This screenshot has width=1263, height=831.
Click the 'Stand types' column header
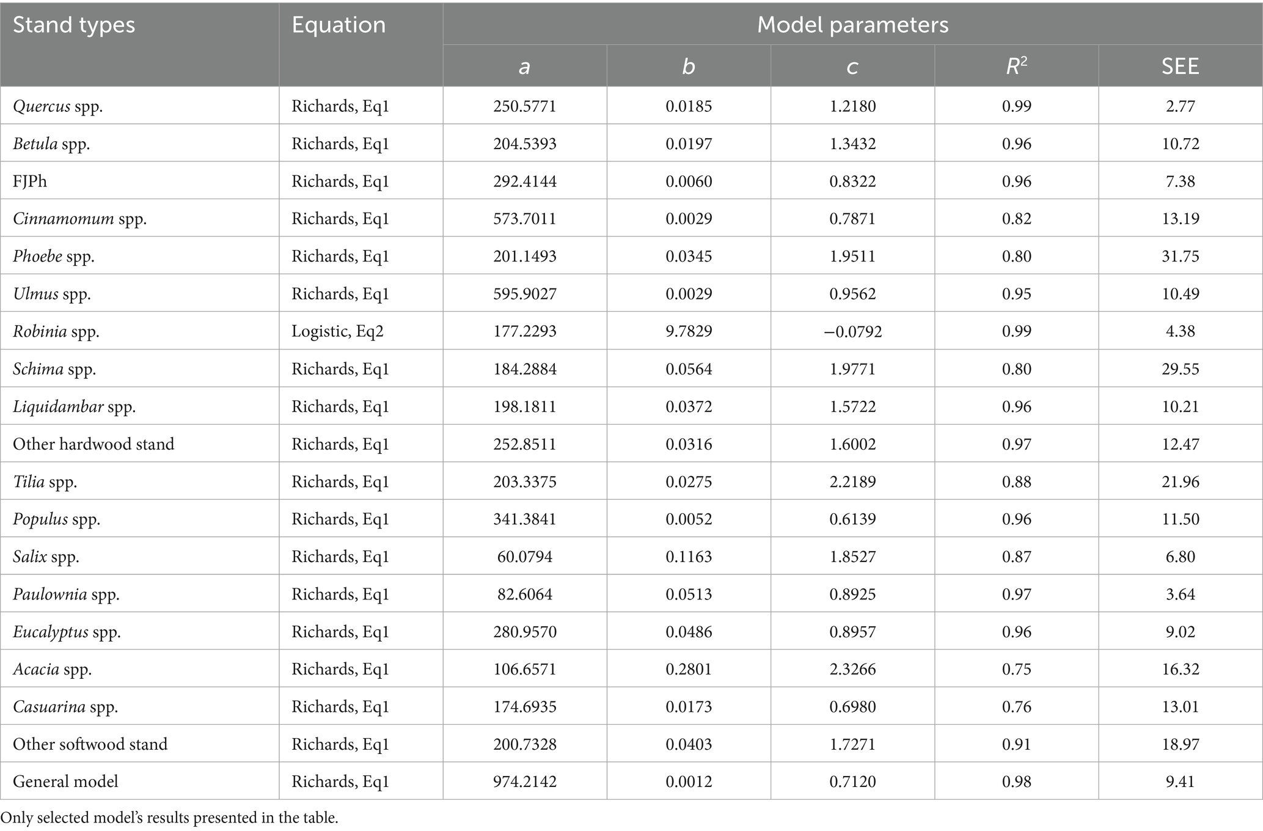[x=74, y=25]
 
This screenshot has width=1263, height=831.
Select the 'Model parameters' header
[x=852, y=25]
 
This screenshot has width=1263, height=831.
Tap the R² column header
[x=1016, y=66]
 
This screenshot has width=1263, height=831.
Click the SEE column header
[x=1180, y=66]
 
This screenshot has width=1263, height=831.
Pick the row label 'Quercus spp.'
[x=58, y=106]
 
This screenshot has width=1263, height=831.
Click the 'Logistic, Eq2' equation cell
[x=337, y=331]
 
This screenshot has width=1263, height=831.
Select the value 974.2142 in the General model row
[x=525, y=782]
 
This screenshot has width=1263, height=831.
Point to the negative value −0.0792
[x=852, y=331]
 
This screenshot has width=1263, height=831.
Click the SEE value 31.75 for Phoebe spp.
[x=1180, y=256]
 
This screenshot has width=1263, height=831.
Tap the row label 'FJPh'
[x=30, y=181]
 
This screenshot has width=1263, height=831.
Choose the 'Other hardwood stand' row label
[x=93, y=444]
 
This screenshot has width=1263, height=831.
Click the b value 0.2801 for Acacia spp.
[x=689, y=669]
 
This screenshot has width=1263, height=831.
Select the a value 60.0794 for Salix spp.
[x=525, y=557]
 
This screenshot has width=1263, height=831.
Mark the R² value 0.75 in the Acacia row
[x=1016, y=669]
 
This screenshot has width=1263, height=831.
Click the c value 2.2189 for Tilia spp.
[x=852, y=482]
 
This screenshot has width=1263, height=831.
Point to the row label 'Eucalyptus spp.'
[x=67, y=632]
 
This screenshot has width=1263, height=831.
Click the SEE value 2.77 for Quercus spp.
[x=1180, y=106]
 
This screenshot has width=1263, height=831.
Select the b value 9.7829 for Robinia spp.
[x=689, y=331]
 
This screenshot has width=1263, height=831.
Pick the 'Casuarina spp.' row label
[x=65, y=707]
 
